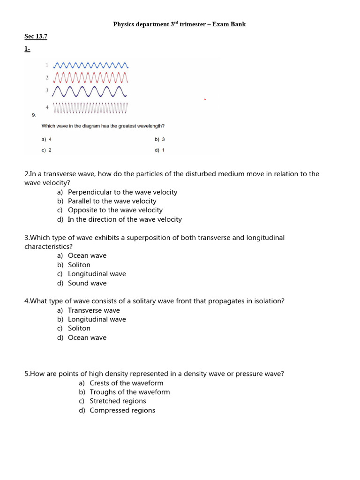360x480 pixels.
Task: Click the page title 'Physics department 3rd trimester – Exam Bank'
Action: tap(180, 24)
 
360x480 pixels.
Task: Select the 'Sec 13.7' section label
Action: tap(36, 36)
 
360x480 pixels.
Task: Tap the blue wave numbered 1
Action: tap(90, 65)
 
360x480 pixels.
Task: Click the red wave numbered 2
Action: tap(90, 77)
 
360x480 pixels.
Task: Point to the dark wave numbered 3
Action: tap(90, 90)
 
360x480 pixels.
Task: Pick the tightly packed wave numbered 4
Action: tap(90, 108)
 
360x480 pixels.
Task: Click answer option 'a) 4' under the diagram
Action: tap(46, 139)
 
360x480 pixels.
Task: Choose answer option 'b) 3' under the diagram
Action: tap(159, 139)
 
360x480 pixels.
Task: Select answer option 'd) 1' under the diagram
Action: tap(159, 150)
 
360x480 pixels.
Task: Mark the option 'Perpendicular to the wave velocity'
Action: tap(122, 192)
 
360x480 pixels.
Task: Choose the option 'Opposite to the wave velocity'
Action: tap(115, 210)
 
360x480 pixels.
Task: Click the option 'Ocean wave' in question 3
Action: tap(87, 256)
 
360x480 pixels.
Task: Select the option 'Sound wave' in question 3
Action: tap(87, 283)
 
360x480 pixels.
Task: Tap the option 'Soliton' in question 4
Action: tap(79, 329)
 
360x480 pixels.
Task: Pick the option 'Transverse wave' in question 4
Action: tap(94, 310)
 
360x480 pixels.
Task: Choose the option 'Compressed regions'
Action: tap(122, 411)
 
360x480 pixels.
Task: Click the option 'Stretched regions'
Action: tap(118, 401)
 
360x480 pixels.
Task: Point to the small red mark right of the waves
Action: tap(204, 99)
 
